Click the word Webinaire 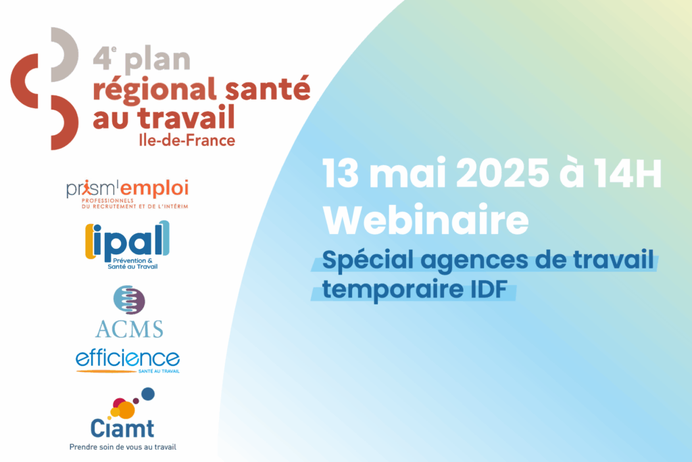click(x=426, y=220)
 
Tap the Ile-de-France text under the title click(x=187, y=141)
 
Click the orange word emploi click(x=155, y=189)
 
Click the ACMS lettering click(x=129, y=329)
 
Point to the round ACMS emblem click(x=129, y=300)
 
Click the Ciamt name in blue click(x=122, y=428)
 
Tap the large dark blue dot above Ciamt click(x=147, y=394)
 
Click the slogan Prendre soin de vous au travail click(x=123, y=447)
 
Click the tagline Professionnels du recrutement click(x=134, y=203)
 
